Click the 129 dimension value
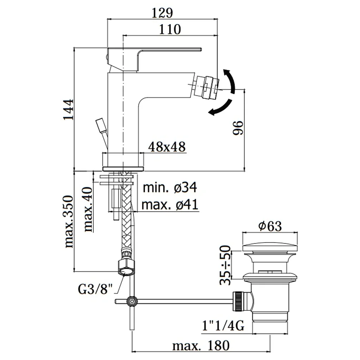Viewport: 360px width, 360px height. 162,13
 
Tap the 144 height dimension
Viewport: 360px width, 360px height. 68,109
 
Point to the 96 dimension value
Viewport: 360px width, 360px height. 238,128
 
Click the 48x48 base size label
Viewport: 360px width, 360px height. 167,147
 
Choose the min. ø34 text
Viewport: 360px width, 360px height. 170,188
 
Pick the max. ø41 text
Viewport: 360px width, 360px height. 170,204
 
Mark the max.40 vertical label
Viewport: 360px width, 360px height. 88,210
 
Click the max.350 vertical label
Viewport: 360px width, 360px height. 69,221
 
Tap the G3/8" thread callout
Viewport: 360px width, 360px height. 96,289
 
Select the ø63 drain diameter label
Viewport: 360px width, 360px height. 270,226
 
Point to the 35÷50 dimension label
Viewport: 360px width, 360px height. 225,265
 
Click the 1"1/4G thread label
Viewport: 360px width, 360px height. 223,325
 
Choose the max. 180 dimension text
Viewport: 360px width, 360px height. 201,346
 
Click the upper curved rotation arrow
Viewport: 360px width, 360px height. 230,81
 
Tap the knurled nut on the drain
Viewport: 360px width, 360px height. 237,301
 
